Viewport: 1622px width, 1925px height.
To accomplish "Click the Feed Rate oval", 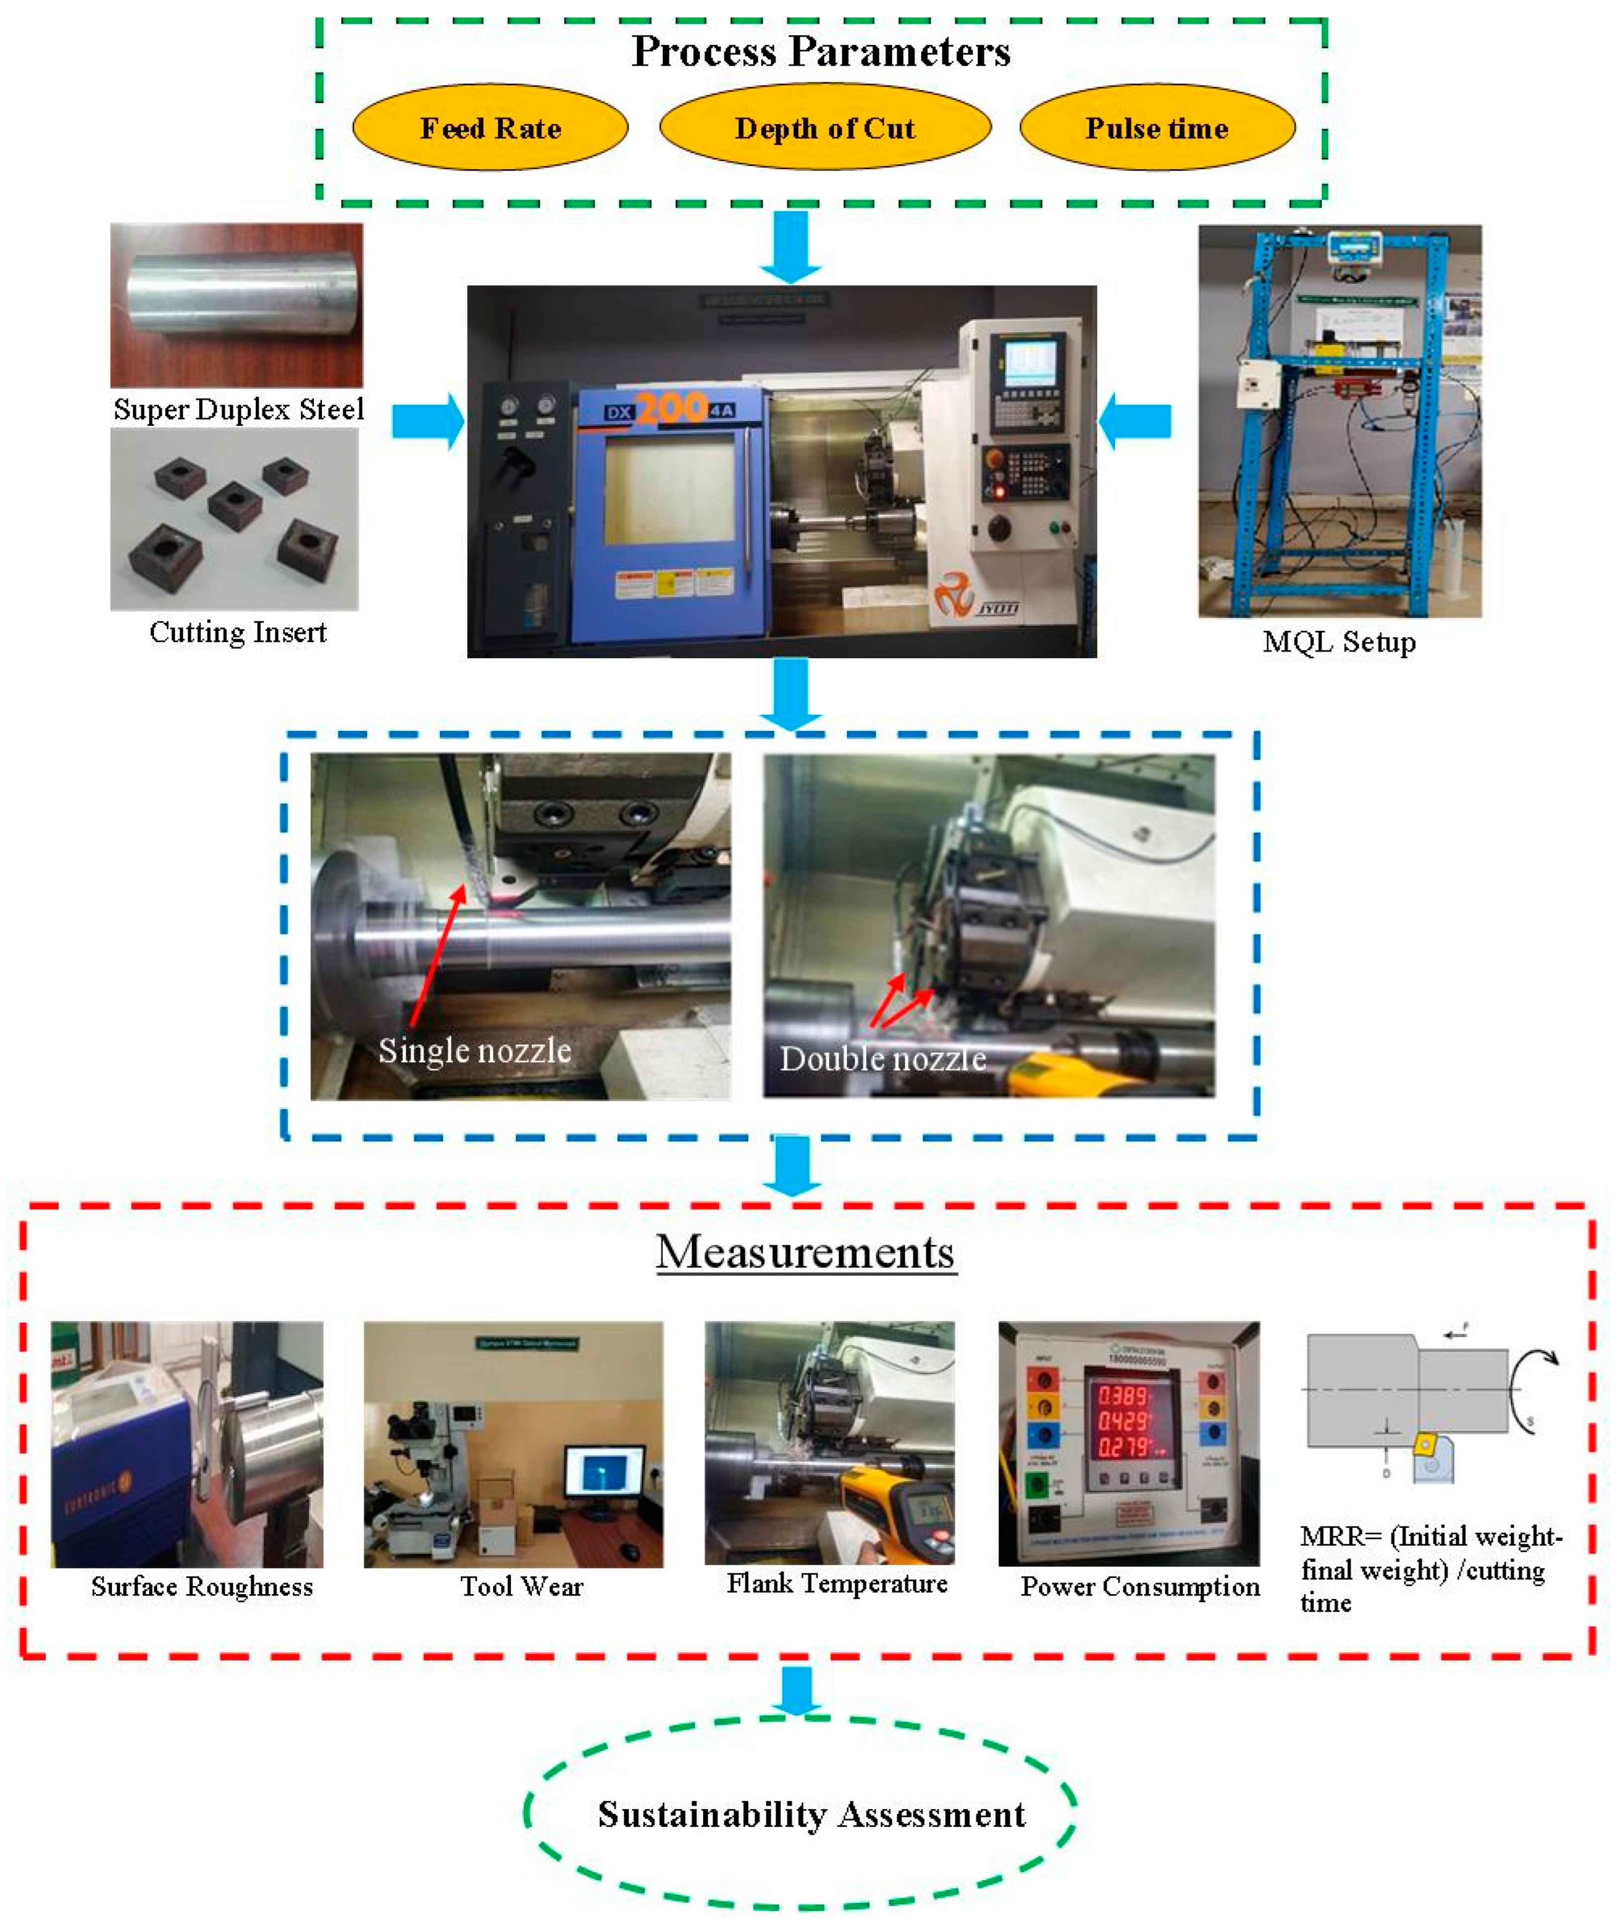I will coord(490,128).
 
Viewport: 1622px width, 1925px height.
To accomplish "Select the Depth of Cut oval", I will coord(825,128).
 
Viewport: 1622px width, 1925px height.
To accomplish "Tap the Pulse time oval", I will coord(1157,128).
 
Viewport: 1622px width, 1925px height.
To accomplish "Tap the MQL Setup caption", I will coord(1339,642).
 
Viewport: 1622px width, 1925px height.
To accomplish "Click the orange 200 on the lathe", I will coord(672,407).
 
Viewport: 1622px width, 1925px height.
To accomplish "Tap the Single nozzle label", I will coord(475,1050).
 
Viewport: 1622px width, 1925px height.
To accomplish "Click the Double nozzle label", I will coord(883,1059).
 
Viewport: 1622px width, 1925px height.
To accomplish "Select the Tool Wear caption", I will coord(521,1587).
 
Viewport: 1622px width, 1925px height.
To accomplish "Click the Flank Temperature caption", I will coord(837,1583).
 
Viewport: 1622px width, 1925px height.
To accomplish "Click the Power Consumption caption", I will coord(1140,1587).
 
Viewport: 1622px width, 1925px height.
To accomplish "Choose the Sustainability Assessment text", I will coord(811,1815).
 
